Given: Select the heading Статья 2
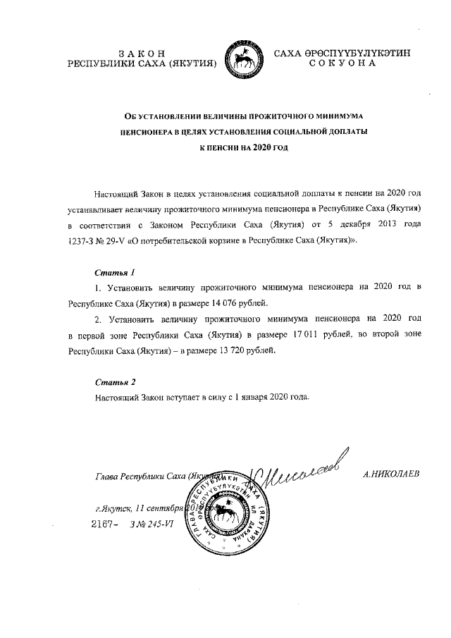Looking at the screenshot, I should (x=114, y=381).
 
